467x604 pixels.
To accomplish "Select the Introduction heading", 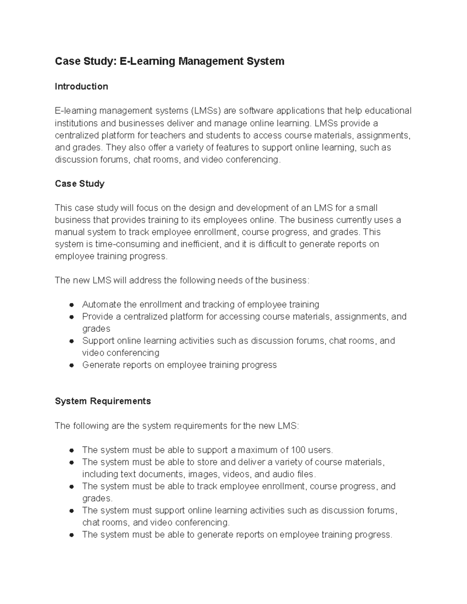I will tap(81, 86).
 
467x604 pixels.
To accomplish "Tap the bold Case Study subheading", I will tap(79, 184).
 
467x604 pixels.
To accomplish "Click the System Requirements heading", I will tap(103, 401).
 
